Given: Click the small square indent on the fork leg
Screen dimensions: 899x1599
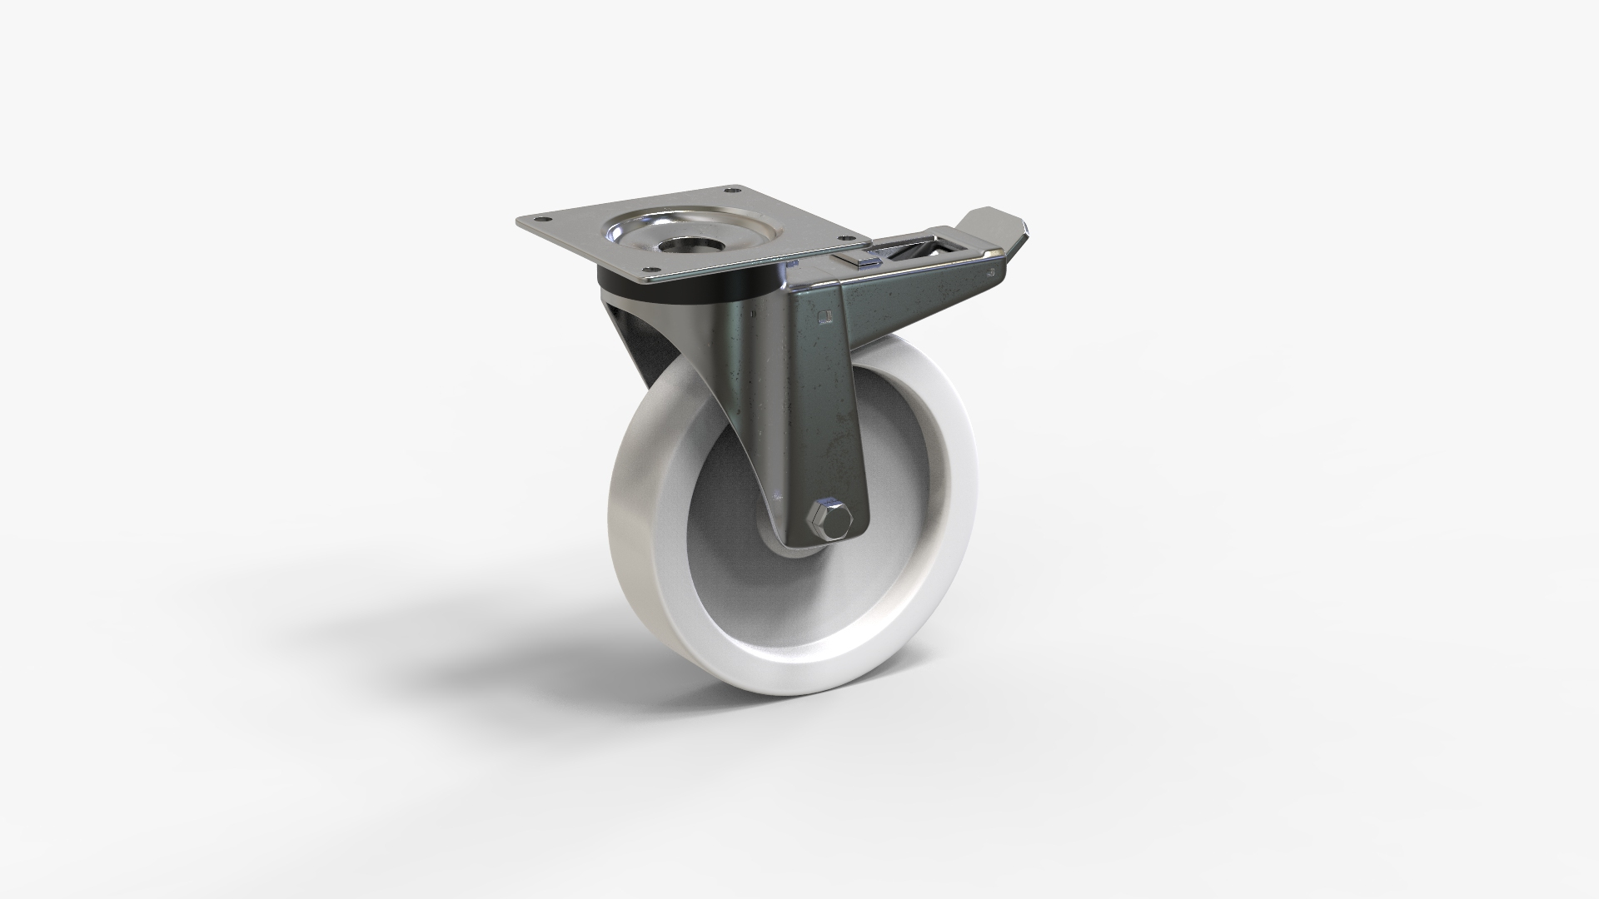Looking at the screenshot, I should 825,315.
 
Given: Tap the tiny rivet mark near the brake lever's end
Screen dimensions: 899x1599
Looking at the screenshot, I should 989,271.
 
